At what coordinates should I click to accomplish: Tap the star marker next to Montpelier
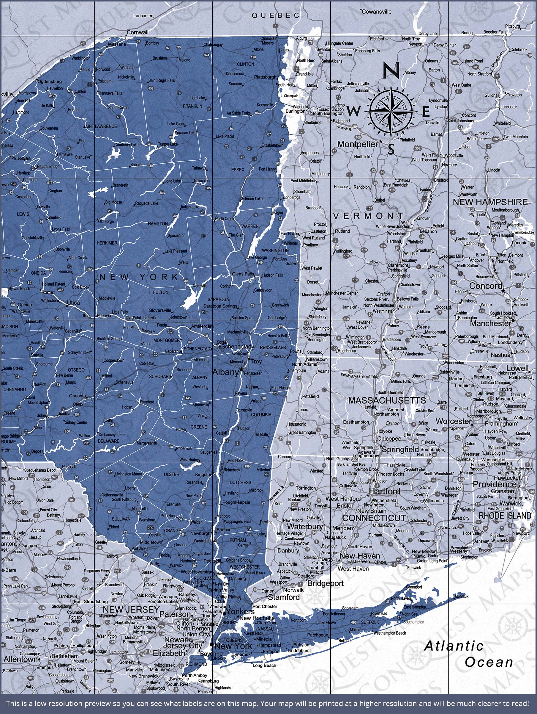coord(381,141)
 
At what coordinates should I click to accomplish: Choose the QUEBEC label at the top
coord(276,15)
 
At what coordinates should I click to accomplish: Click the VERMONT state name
coord(368,216)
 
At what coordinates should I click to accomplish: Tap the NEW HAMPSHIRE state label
coord(490,202)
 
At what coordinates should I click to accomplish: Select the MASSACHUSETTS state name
coord(387,400)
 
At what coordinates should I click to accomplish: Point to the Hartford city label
coord(385,491)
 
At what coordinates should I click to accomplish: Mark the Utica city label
coord(73,303)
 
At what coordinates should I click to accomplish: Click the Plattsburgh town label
coord(265,77)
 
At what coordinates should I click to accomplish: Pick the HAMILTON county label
coord(158,224)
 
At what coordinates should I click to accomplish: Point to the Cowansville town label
coord(377,12)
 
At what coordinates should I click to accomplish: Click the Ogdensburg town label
coord(50,81)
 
